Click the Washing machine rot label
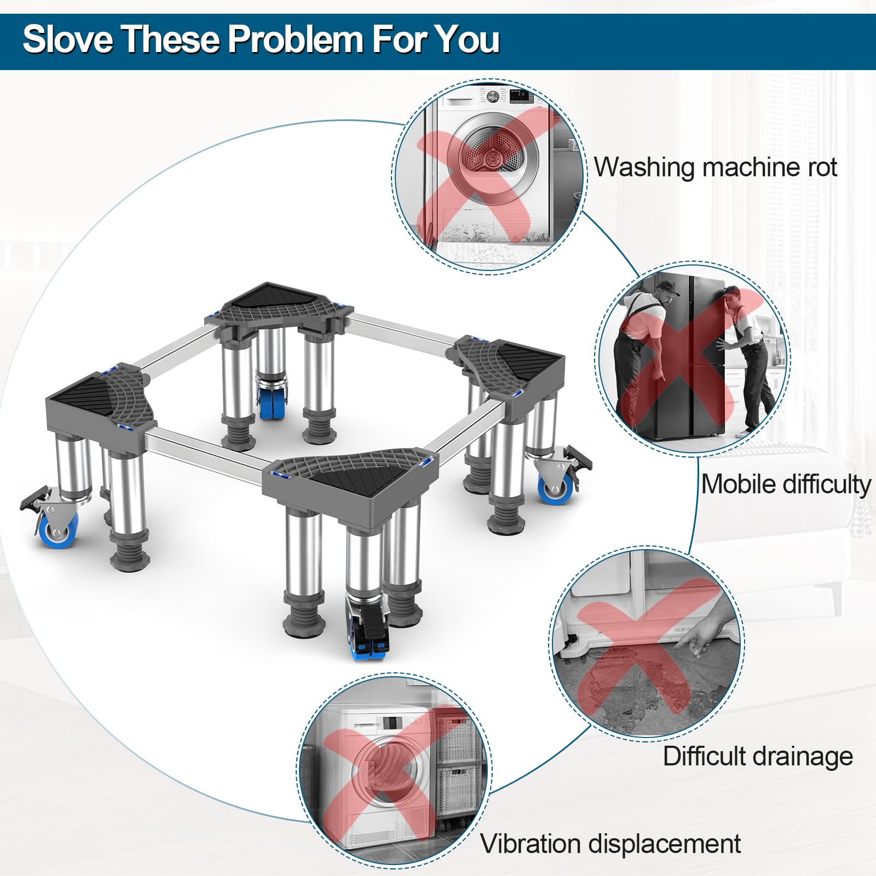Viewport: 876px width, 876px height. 716,168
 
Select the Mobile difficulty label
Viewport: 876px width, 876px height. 786,485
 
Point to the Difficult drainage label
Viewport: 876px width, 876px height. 758,757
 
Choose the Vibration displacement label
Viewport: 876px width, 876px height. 610,844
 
